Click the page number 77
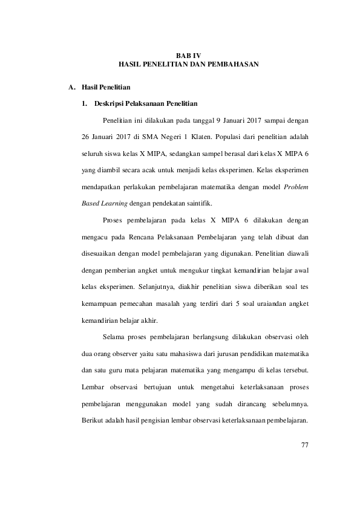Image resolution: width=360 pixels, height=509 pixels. (304, 445)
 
